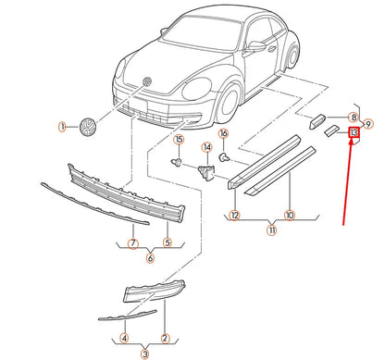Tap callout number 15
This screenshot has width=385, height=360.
click(x=171, y=139)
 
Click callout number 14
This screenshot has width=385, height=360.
click(x=207, y=147)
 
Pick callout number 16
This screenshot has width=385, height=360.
click(x=223, y=135)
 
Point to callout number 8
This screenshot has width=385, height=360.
click(x=353, y=118)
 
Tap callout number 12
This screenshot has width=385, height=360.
click(x=234, y=217)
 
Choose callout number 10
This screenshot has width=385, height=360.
click(x=289, y=217)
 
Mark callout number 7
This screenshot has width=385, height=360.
click(x=132, y=243)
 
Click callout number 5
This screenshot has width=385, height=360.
click(x=168, y=243)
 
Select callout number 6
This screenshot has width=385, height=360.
click(x=150, y=258)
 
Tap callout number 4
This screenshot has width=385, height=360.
click(x=125, y=338)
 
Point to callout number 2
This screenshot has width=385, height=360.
click(x=165, y=338)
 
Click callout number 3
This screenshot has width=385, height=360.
click(x=145, y=354)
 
